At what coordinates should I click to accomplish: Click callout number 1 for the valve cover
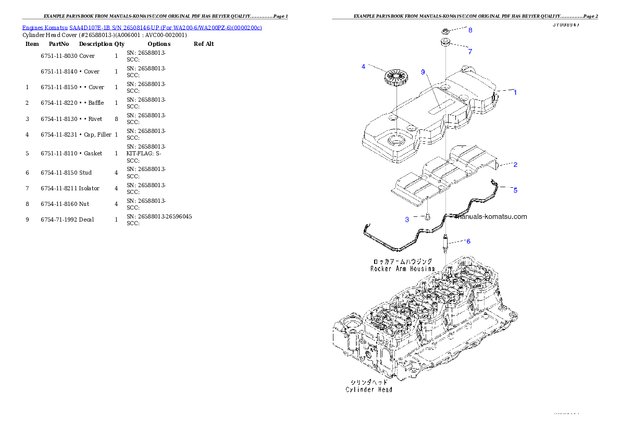(x=515, y=93)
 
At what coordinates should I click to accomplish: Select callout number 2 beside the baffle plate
(x=515, y=165)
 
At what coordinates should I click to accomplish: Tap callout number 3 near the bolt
(x=407, y=219)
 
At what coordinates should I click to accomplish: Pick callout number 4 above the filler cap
(x=363, y=66)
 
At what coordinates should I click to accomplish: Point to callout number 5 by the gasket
(x=515, y=190)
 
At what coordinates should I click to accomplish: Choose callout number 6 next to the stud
(x=468, y=241)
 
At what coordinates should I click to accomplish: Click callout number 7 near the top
(x=469, y=52)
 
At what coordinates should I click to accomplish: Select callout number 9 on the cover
(x=423, y=72)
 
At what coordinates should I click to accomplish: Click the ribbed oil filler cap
(x=395, y=79)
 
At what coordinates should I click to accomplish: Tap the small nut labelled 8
(x=447, y=31)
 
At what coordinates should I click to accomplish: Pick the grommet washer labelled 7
(x=446, y=43)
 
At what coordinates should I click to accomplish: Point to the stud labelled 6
(x=445, y=243)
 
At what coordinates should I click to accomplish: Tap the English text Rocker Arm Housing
(x=402, y=269)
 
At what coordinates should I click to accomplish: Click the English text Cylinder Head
(x=369, y=389)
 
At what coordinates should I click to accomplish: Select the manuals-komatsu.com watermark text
(x=491, y=217)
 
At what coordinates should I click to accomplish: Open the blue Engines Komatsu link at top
(x=142, y=27)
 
